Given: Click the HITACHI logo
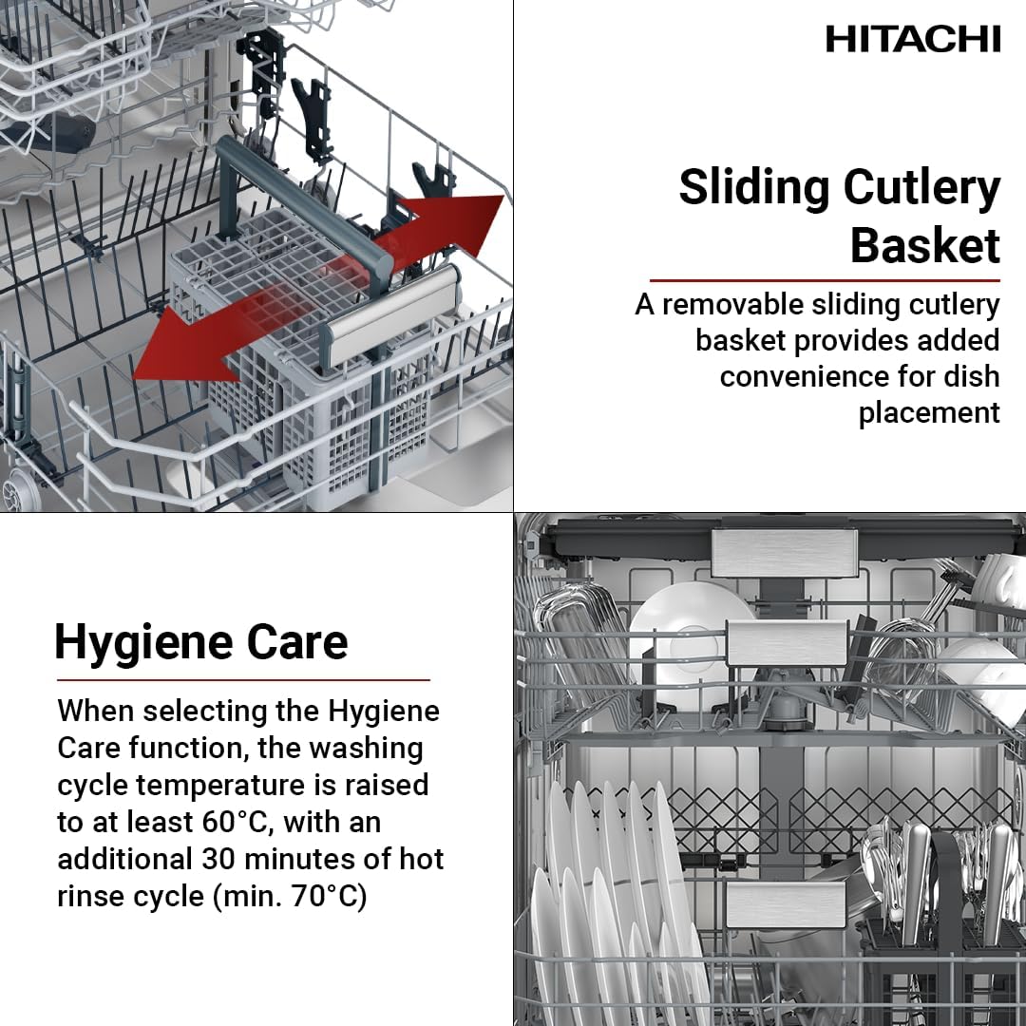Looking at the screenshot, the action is [x=913, y=39].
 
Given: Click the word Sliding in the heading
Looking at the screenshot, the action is [x=753, y=188].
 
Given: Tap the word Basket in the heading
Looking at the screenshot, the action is [x=924, y=245].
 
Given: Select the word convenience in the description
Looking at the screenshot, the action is [x=827, y=377].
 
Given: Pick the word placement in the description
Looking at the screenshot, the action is [x=929, y=413].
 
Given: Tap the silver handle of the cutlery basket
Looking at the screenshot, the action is [x=390, y=314].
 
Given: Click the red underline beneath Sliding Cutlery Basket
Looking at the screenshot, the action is [x=825, y=280].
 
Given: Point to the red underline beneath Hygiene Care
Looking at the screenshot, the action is [x=243, y=680].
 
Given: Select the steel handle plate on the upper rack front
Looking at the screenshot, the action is [x=787, y=644].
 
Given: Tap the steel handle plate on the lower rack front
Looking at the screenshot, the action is [x=786, y=904].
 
